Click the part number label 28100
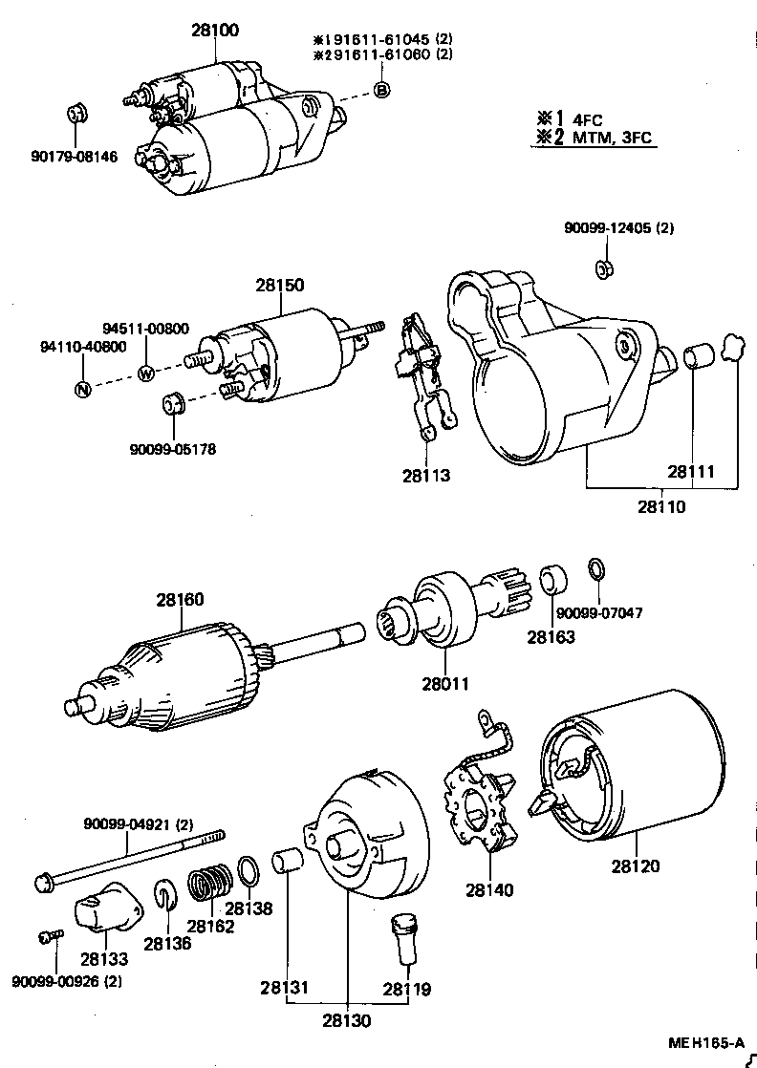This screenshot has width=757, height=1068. click(x=214, y=31)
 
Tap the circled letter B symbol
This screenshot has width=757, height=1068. click(x=380, y=90)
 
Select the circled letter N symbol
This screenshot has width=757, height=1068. click(x=83, y=389)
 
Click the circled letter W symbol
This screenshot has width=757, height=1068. click(x=146, y=374)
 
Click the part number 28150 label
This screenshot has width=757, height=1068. click(x=279, y=285)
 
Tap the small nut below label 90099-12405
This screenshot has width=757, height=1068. click(x=604, y=268)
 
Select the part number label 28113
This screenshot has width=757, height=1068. click(x=425, y=475)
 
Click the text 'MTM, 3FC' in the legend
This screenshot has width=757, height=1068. click(x=612, y=139)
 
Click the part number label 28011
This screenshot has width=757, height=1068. click(x=444, y=684)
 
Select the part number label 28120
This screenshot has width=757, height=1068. click(x=636, y=866)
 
